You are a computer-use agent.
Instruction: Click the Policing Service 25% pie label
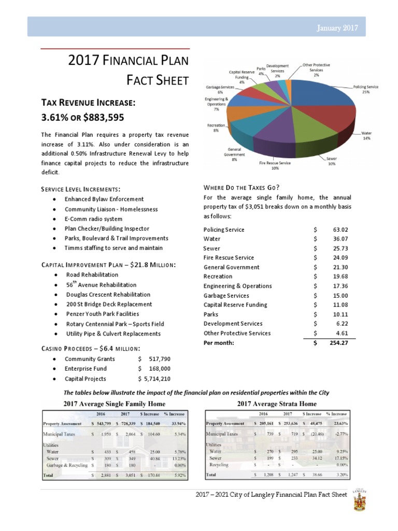(366, 89)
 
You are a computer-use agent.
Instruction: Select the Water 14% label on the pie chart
(366, 136)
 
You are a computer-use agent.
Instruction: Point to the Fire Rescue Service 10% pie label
(275, 165)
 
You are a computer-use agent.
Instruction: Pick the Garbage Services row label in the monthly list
(226, 296)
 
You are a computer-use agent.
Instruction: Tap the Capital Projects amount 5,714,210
(157, 379)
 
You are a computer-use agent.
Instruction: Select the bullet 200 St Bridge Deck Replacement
(109, 304)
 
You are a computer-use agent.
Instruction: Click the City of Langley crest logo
(360, 498)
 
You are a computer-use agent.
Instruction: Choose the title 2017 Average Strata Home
(277, 403)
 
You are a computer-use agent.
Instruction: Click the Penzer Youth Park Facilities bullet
(102, 314)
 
